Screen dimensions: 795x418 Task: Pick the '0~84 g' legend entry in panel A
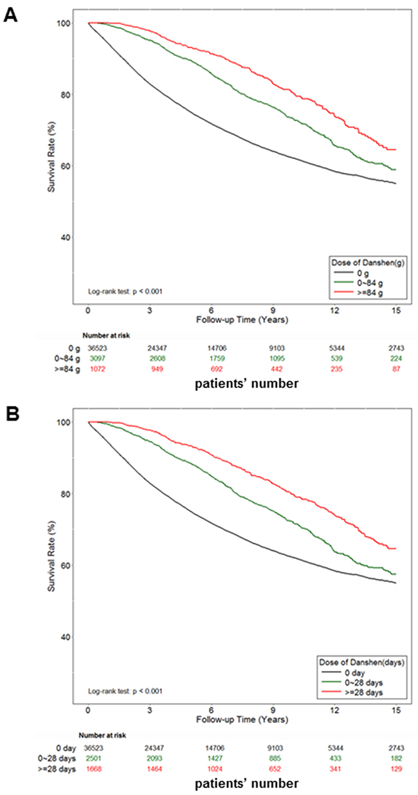(x=366, y=282)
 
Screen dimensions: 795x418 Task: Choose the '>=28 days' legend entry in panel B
(x=368, y=690)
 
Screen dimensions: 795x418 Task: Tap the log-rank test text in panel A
(x=125, y=291)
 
